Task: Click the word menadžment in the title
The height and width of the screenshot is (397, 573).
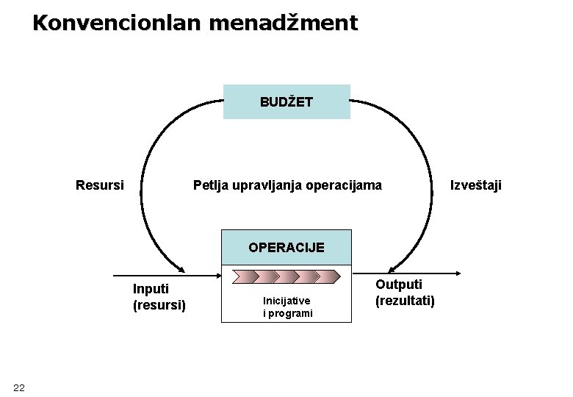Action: (284, 23)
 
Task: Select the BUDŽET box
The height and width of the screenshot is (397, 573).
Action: (286, 102)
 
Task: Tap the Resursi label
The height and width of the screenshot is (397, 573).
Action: (100, 185)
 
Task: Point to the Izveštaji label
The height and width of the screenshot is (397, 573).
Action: (476, 185)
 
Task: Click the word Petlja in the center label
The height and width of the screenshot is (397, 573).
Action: (211, 185)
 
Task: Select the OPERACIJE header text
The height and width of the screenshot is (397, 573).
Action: (286, 247)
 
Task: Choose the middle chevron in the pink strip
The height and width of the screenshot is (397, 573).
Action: (286, 276)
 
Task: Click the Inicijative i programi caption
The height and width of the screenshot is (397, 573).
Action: (287, 307)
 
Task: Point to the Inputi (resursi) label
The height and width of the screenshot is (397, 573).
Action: (159, 296)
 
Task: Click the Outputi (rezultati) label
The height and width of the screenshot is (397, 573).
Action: (405, 292)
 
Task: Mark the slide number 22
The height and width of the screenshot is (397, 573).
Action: (19, 387)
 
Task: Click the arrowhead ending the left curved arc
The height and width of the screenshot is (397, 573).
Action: (180, 268)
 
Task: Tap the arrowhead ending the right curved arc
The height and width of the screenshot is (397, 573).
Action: (394, 268)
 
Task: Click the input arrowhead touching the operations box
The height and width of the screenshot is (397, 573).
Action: (218, 276)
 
